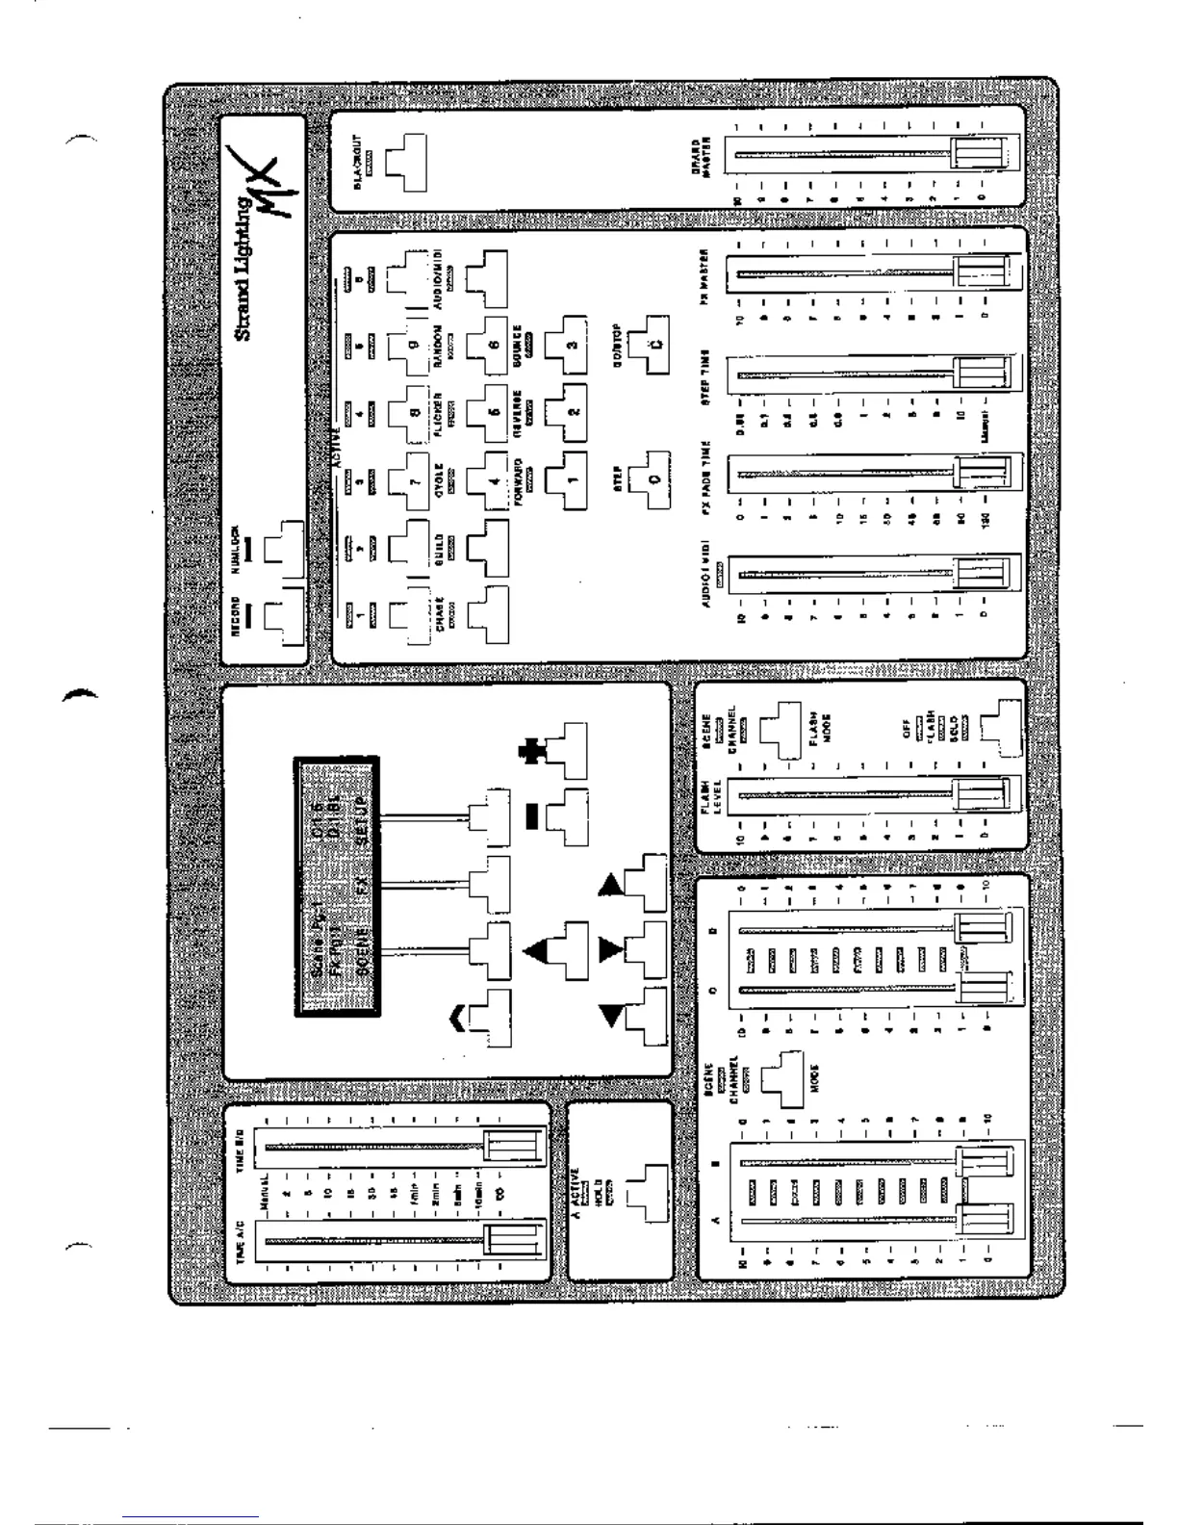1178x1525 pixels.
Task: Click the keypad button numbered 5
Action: click(490, 410)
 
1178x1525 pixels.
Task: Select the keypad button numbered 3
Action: click(567, 345)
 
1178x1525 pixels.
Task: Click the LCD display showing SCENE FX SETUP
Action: click(336, 886)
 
